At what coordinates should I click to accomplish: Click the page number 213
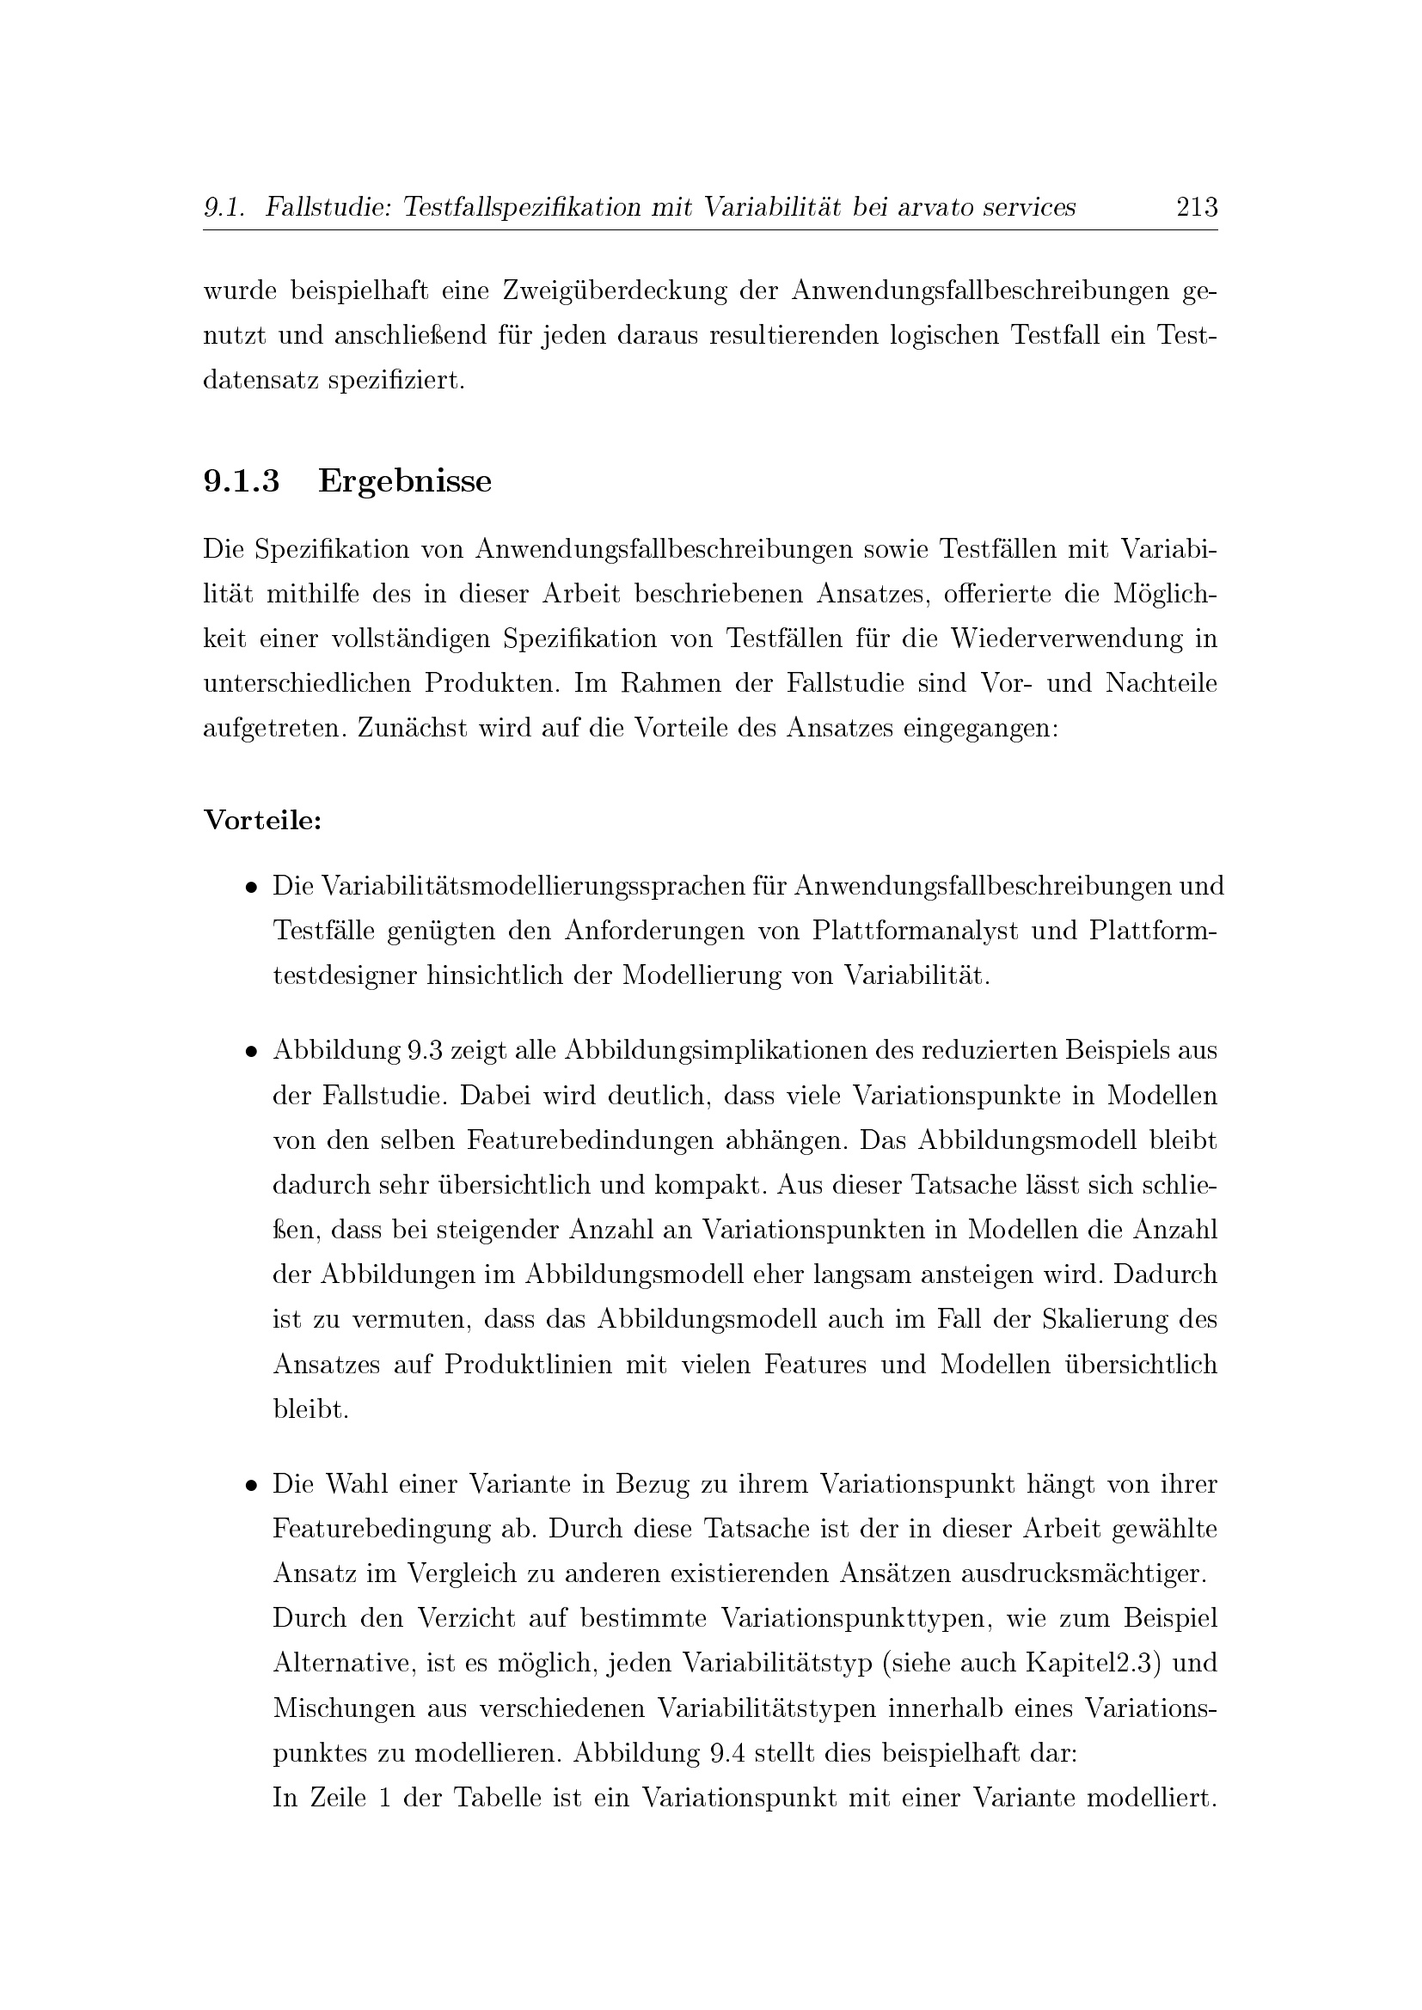1197,207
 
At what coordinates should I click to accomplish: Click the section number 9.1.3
242,481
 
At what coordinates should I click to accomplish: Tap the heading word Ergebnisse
405,481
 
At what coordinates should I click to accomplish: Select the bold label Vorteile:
263,821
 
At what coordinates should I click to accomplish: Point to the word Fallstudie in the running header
320,207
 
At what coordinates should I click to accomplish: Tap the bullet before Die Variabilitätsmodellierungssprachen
251,887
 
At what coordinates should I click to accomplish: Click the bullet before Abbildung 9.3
251,1050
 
